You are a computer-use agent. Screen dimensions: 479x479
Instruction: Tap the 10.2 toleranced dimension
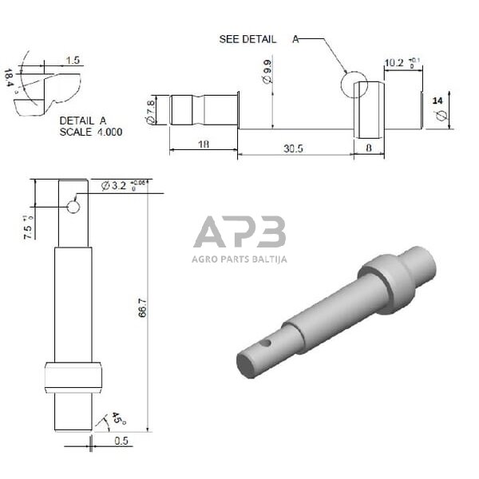[x=399, y=62]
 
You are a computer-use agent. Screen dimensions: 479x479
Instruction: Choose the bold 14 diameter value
[x=436, y=101]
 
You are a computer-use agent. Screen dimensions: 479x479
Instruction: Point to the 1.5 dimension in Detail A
[x=73, y=61]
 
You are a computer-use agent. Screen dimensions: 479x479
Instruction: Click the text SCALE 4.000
[x=91, y=132]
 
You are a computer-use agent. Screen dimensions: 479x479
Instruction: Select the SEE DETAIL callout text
[x=249, y=39]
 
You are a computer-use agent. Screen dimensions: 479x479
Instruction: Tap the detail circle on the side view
[x=354, y=84]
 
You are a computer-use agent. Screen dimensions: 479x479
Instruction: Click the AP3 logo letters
[x=239, y=234]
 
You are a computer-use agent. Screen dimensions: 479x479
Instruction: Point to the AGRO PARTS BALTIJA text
[x=239, y=259]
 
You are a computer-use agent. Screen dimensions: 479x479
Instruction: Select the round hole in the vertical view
[x=73, y=208]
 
